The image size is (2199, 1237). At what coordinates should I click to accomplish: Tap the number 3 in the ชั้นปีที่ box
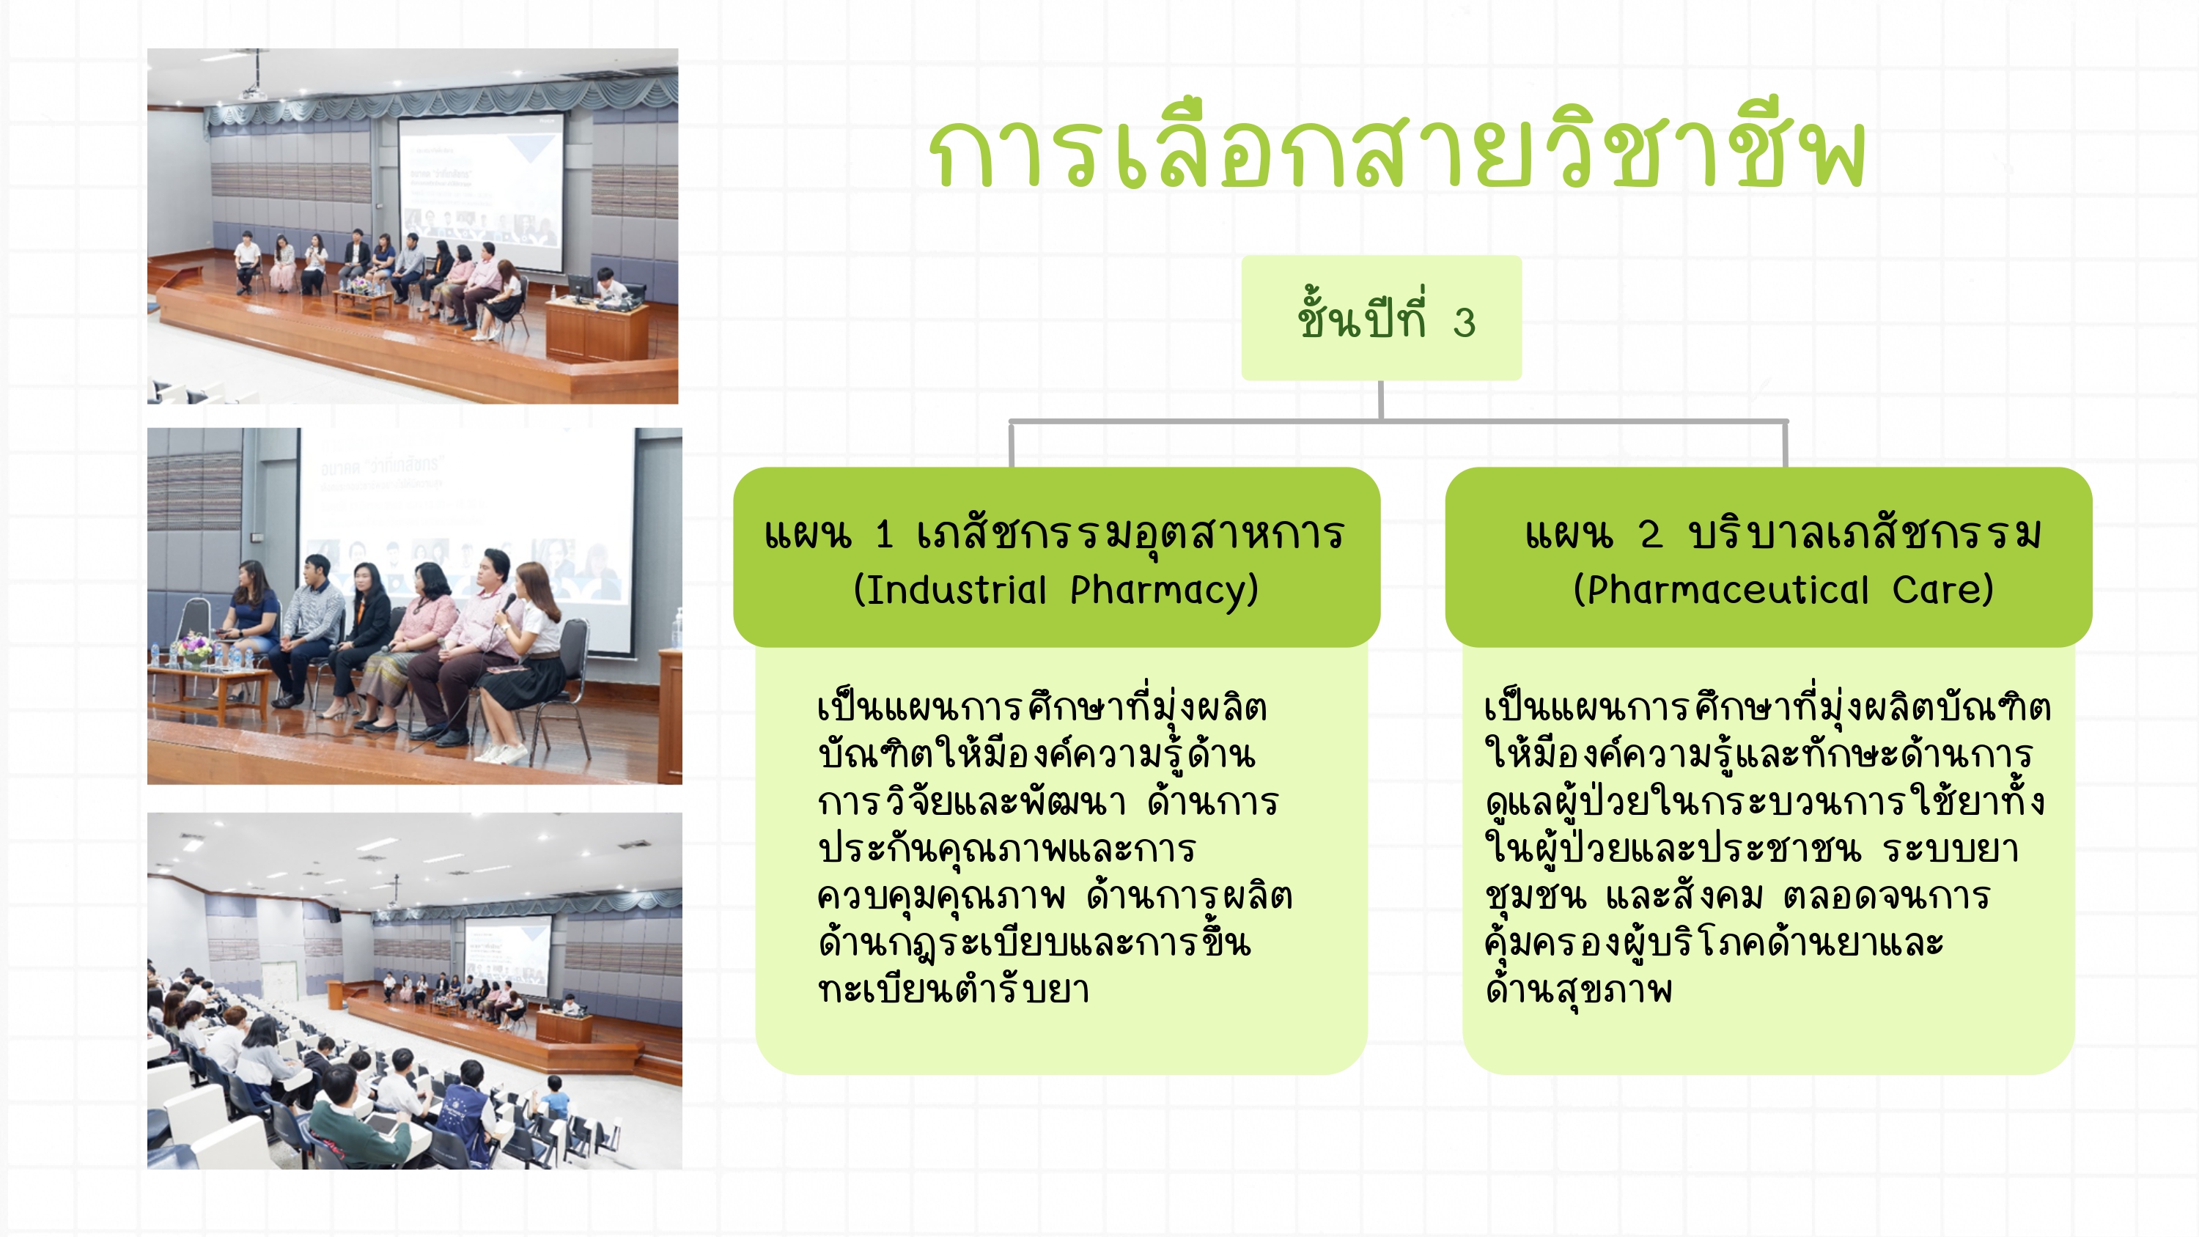tap(1465, 322)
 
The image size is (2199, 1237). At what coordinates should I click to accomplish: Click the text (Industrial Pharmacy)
tap(1057, 590)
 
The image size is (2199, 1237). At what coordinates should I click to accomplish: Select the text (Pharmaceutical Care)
tap(1783, 590)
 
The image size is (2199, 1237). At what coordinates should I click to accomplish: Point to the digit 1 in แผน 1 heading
tap(885, 534)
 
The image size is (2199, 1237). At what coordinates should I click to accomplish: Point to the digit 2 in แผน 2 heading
tap(1650, 534)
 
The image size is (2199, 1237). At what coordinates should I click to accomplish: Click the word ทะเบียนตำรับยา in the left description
tap(954, 989)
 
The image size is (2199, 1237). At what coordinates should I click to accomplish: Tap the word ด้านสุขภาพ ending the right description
tap(1578, 989)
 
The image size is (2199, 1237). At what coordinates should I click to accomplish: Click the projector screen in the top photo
tap(481, 192)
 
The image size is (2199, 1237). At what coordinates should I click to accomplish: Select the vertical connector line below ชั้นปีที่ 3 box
tap(1381, 399)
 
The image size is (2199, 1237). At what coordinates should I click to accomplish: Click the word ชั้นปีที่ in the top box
tap(1362, 317)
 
